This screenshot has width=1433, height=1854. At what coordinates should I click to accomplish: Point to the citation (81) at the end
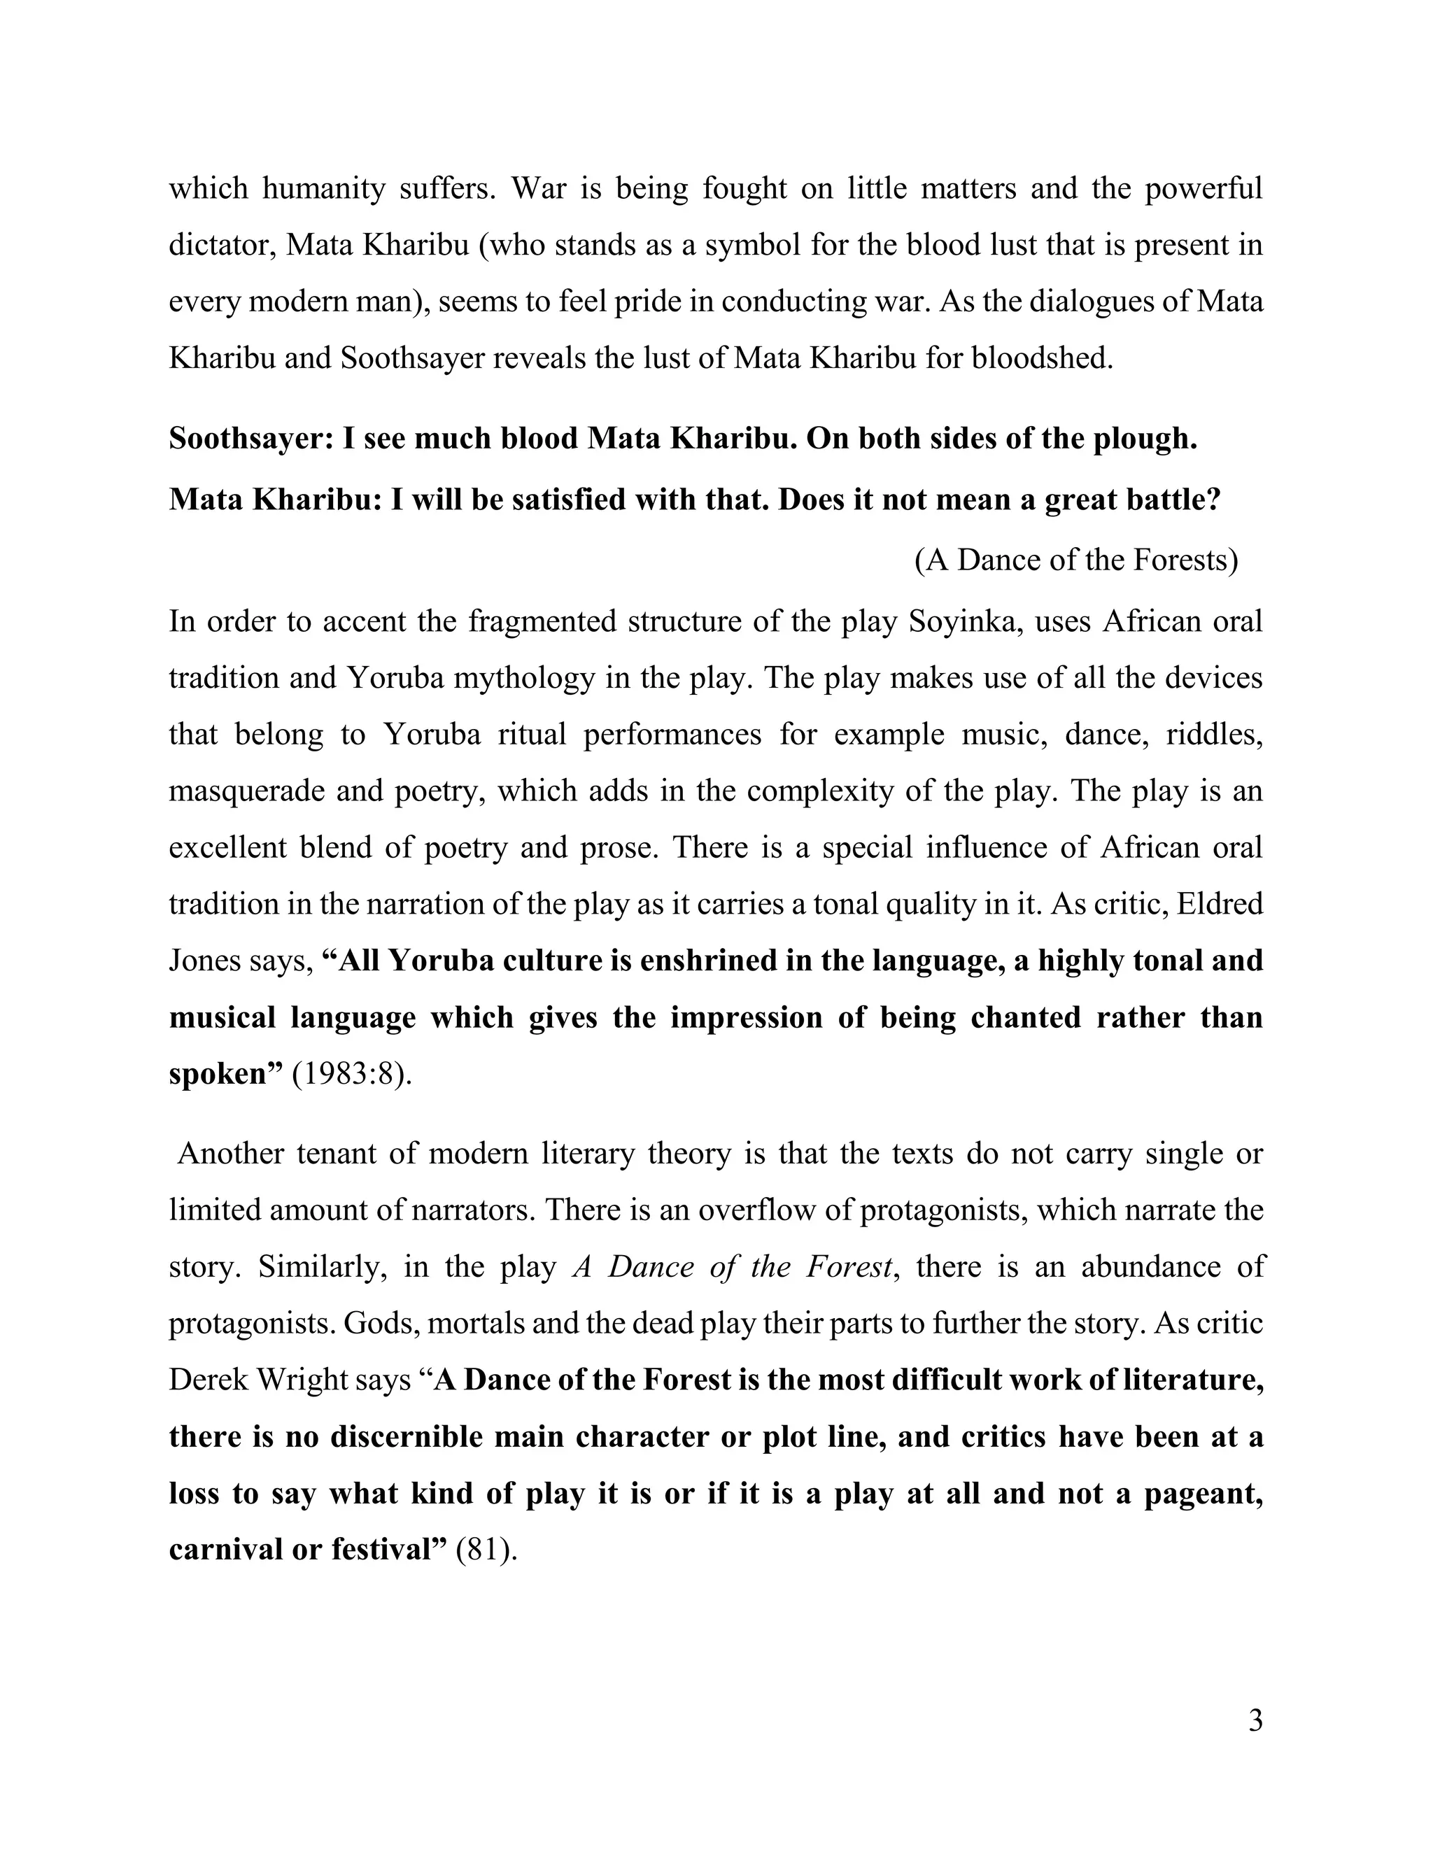tap(486, 1550)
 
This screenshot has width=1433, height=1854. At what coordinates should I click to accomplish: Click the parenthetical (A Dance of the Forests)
tap(1075, 560)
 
